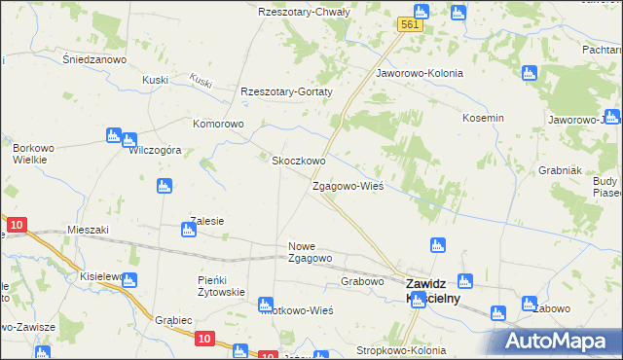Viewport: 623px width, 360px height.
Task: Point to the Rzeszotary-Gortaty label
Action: pyautogui.click(x=287, y=92)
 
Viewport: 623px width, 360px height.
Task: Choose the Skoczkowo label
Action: pyautogui.click(x=298, y=161)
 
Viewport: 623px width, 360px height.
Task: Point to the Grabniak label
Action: pyautogui.click(x=560, y=169)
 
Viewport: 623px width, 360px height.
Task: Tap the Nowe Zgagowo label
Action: pyautogui.click(x=311, y=252)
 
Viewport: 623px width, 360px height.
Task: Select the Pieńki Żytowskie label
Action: pyautogui.click(x=220, y=286)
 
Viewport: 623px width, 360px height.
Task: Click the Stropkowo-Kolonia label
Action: pyautogui.click(x=401, y=350)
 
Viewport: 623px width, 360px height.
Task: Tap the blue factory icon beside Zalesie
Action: pyautogui.click(x=188, y=231)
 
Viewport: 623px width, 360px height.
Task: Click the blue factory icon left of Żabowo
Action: pyautogui.click(x=530, y=304)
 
